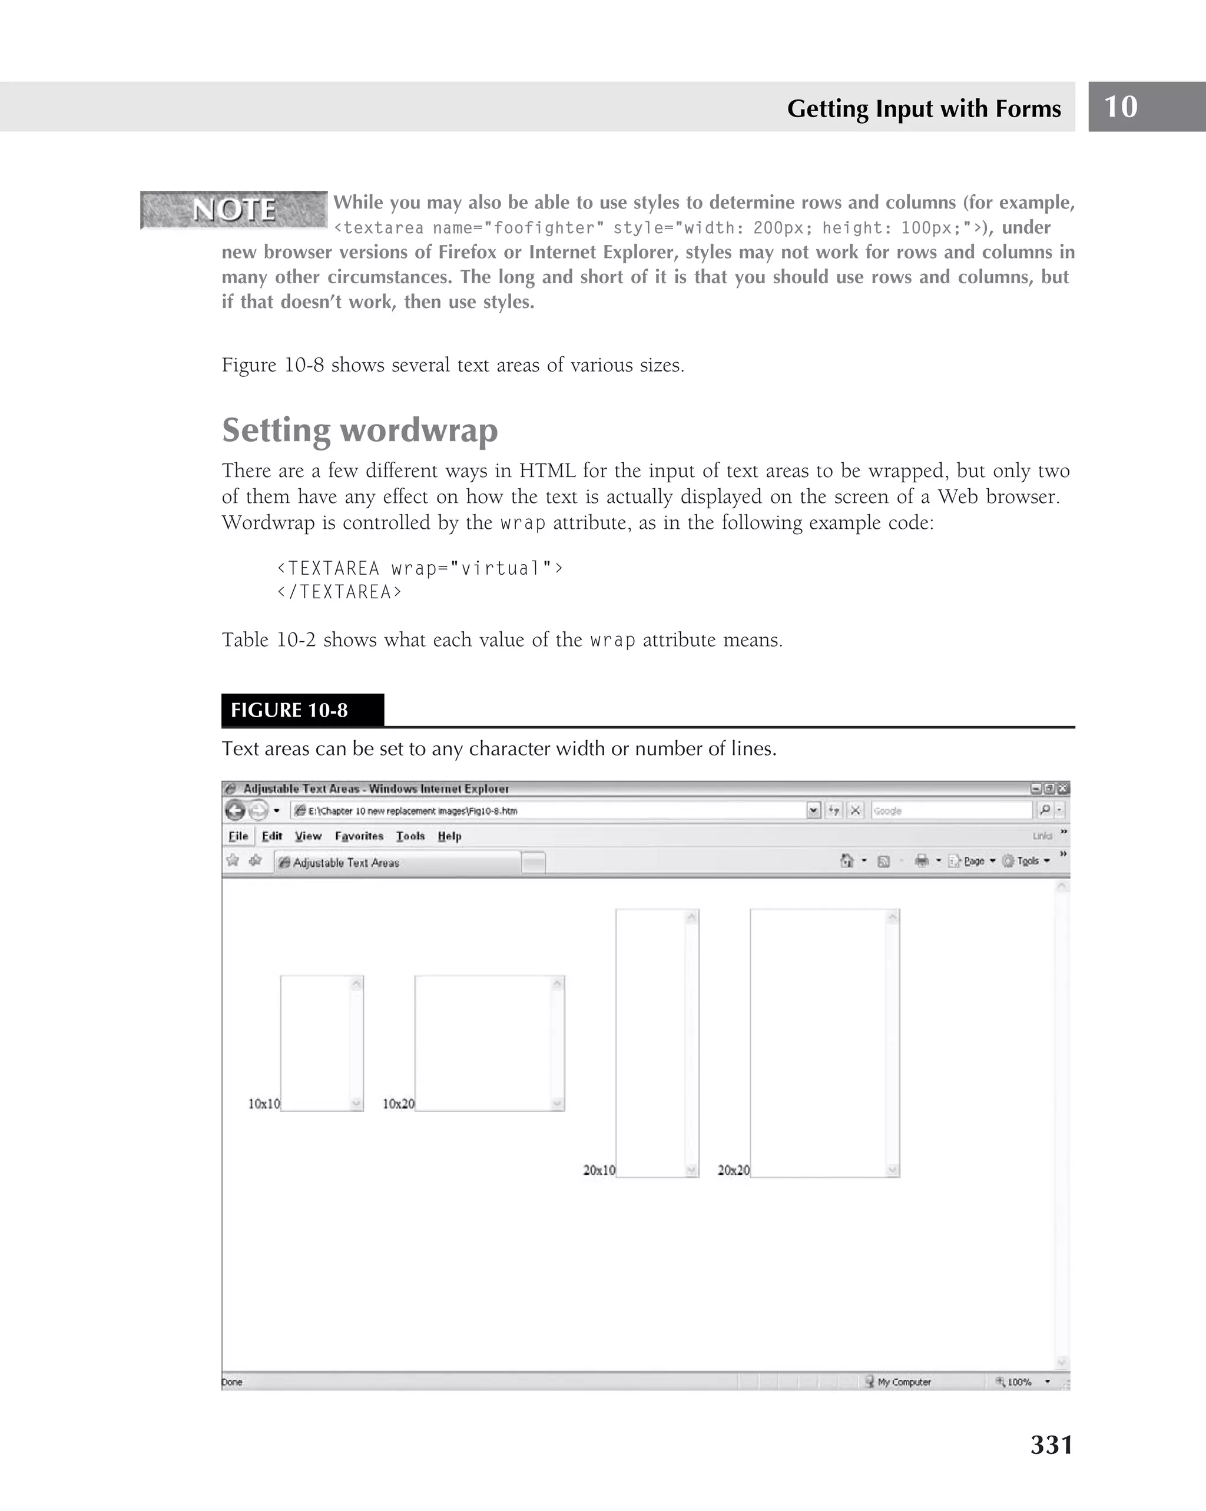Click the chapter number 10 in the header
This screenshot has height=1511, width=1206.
click(1121, 107)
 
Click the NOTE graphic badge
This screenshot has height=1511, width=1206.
click(233, 210)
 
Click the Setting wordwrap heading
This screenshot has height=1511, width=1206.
click(359, 430)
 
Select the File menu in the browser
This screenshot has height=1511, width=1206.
click(238, 836)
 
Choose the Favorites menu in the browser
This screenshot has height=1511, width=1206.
click(359, 836)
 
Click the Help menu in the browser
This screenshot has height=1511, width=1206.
click(449, 836)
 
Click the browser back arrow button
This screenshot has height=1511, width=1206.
click(236, 811)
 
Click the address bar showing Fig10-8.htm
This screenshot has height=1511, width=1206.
click(546, 811)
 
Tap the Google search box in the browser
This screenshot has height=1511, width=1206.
click(949, 811)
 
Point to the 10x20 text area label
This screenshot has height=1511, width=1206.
click(398, 1104)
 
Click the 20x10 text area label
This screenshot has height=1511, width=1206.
click(599, 1171)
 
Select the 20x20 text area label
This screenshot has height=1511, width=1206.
click(734, 1171)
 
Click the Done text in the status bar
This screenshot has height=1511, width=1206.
click(232, 1382)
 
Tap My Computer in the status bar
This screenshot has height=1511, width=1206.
click(903, 1382)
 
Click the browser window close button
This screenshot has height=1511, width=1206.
click(1063, 788)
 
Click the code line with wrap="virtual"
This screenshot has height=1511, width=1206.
click(420, 568)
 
